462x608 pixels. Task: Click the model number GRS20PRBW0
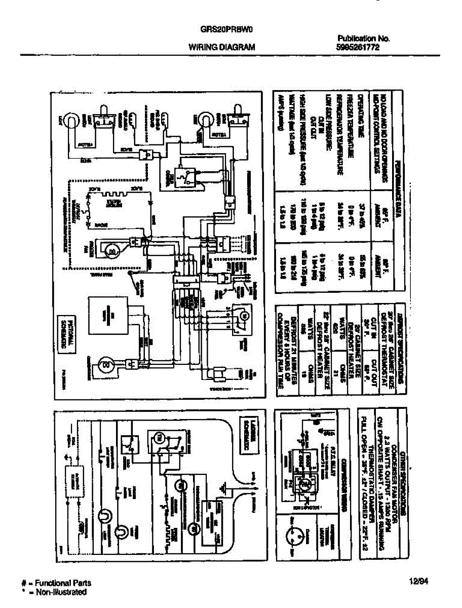tap(226, 29)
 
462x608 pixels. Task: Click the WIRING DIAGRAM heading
tap(222, 47)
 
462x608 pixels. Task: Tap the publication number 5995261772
tap(358, 47)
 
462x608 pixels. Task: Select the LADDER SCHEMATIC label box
tap(249, 429)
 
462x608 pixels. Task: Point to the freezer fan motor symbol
tap(112, 249)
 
